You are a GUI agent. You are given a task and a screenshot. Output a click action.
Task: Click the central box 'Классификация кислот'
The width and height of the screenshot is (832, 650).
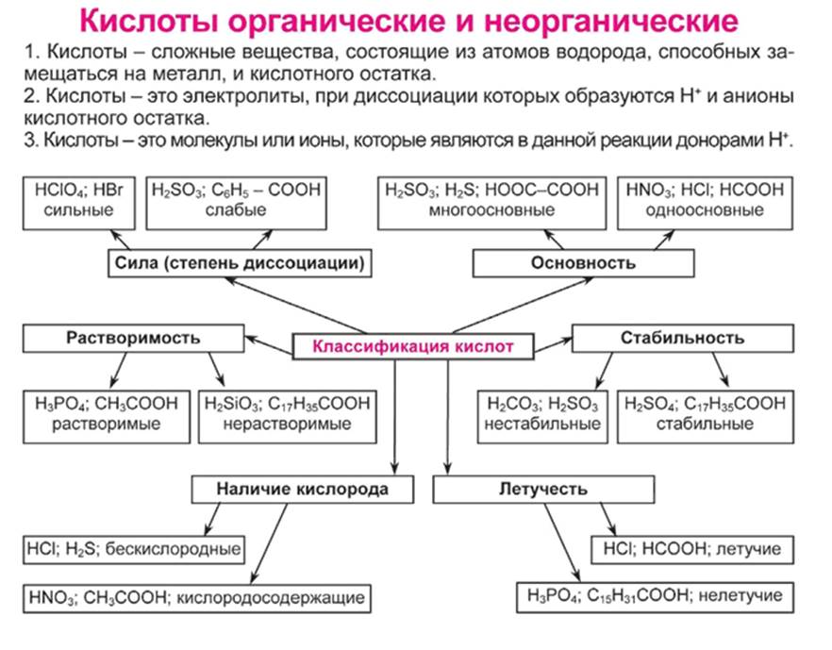413,347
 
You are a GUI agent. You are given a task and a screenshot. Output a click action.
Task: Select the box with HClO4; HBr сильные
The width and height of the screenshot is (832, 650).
78,200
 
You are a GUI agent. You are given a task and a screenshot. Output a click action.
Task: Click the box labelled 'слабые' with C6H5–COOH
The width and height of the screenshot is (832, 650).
236,200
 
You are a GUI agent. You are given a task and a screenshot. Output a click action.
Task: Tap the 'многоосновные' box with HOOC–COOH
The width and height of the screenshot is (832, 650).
491,200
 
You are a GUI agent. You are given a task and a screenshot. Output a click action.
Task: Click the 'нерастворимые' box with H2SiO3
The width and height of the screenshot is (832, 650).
287,413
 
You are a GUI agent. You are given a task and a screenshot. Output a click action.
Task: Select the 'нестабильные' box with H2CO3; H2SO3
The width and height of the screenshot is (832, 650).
542,413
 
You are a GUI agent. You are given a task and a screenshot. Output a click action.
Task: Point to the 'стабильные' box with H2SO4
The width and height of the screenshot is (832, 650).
705,413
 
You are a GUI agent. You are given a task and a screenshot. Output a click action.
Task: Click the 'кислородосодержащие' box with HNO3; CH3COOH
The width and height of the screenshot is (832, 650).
195,596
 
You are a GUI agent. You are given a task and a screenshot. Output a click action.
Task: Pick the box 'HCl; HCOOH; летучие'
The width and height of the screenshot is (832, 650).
691,548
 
